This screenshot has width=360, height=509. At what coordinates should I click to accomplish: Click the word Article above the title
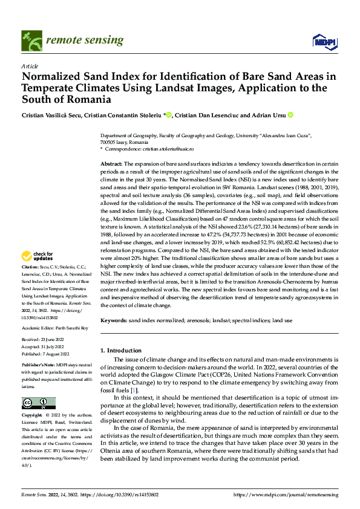(x=30, y=65)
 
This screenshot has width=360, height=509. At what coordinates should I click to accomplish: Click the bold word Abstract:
(x=111, y=164)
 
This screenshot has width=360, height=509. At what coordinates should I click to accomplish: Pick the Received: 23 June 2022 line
(x=44, y=341)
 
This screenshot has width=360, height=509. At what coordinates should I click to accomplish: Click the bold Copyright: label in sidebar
(x=32, y=415)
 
